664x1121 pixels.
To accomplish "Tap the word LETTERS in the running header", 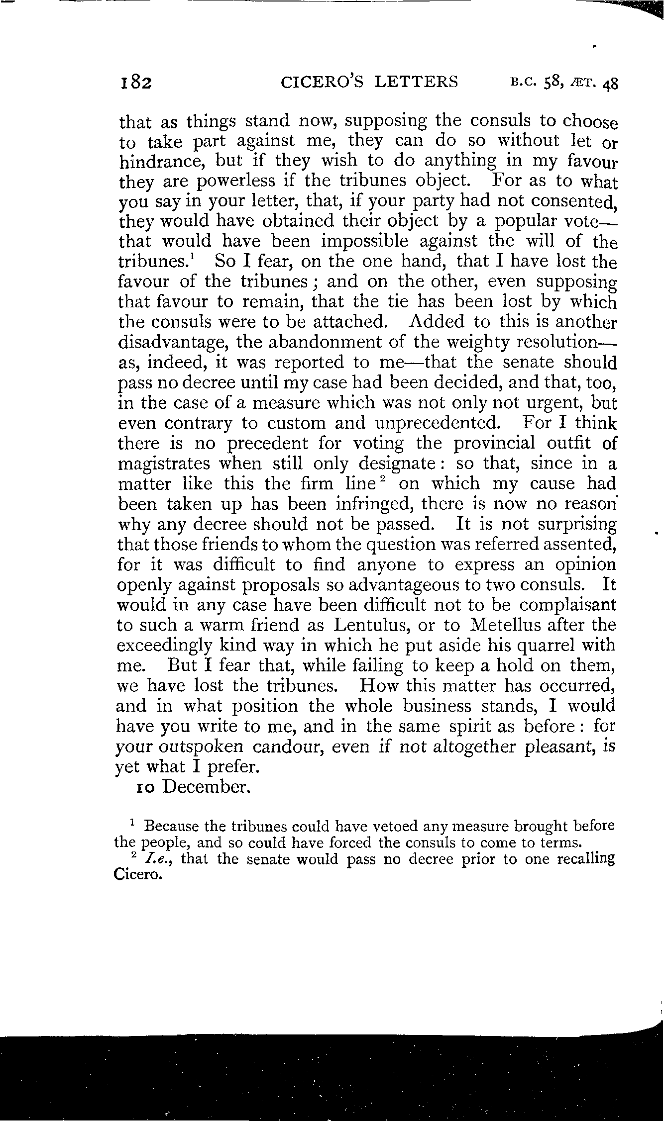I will pos(416,81).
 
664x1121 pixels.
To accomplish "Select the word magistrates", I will pos(165,464).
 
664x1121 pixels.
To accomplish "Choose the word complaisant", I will pos(568,605).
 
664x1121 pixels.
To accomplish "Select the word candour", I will pos(287,747).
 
